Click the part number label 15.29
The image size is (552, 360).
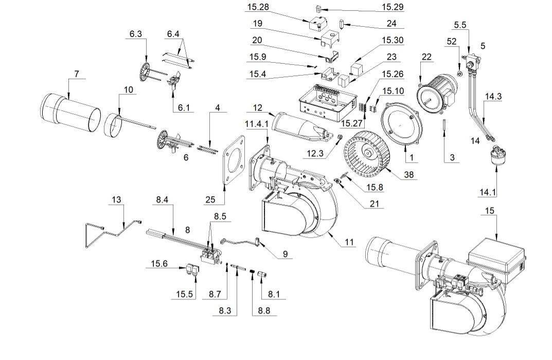(x=392, y=7)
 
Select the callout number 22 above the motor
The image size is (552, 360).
(x=426, y=57)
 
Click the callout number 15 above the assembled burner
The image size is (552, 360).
(x=489, y=211)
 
